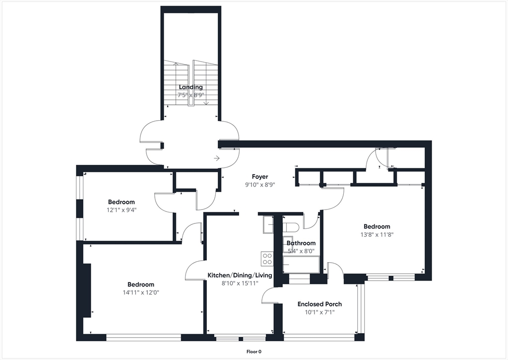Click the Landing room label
pyautogui.click(x=191, y=87)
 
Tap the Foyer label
pyautogui.click(x=260, y=176)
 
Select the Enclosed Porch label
pyautogui.click(x=319, y=304)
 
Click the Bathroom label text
pyautogui.click(x=301, y=243)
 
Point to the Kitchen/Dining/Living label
pyautogui.click(x=240, y=276)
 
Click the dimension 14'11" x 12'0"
pyautogui.click(x=140, y=292)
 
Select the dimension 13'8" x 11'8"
pyautogui.click(x=377, y=234)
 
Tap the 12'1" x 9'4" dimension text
pyautogui.click(x=122, y=210)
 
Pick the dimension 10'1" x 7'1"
pyautogui.click(x=319, y=312)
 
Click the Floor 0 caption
pyautogui.click(x=254, y=352)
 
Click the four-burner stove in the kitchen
pyautogui.click(x=267, y=259)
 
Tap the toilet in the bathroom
pyautogui.click(x=290, y=227)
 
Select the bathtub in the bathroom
pyautogui.click(x=301, y=264)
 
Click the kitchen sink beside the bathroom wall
pyautogui.click(x=268, y=225)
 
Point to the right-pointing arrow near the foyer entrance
pyautogui.click(x=217, y=158)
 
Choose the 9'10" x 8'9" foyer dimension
pyautogui.click(x=260, y=185)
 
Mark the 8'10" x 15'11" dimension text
pyautogui.click(x=240, y=284)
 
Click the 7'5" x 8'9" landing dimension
pyautogui.click(x=191, y=95)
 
